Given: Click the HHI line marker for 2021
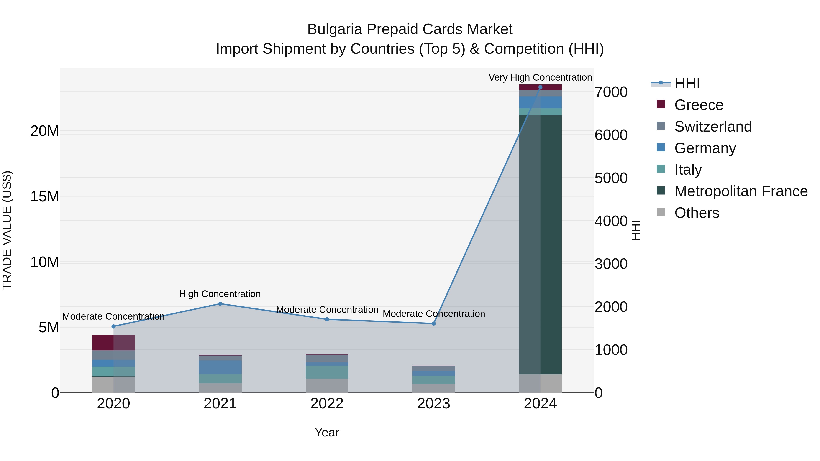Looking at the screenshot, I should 220,304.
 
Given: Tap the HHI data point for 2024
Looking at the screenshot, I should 540,87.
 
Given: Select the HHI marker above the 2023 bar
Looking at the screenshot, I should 433,323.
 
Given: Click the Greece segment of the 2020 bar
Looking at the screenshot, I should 113,343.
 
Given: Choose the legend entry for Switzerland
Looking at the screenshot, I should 713,127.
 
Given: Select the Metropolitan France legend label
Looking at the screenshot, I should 741,191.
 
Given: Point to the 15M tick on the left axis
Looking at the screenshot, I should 45,197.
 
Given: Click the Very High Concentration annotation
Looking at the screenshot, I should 540,77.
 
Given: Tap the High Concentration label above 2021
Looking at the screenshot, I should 220,294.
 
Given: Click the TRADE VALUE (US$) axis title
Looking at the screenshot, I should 7,230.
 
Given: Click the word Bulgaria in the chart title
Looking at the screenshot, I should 335,30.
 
